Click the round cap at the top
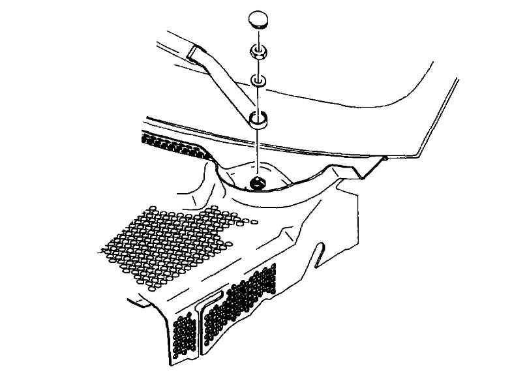click(258, 20)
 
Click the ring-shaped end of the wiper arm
click(258, 119)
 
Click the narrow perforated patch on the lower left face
click(185, 335)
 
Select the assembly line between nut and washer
click(258, 67)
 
